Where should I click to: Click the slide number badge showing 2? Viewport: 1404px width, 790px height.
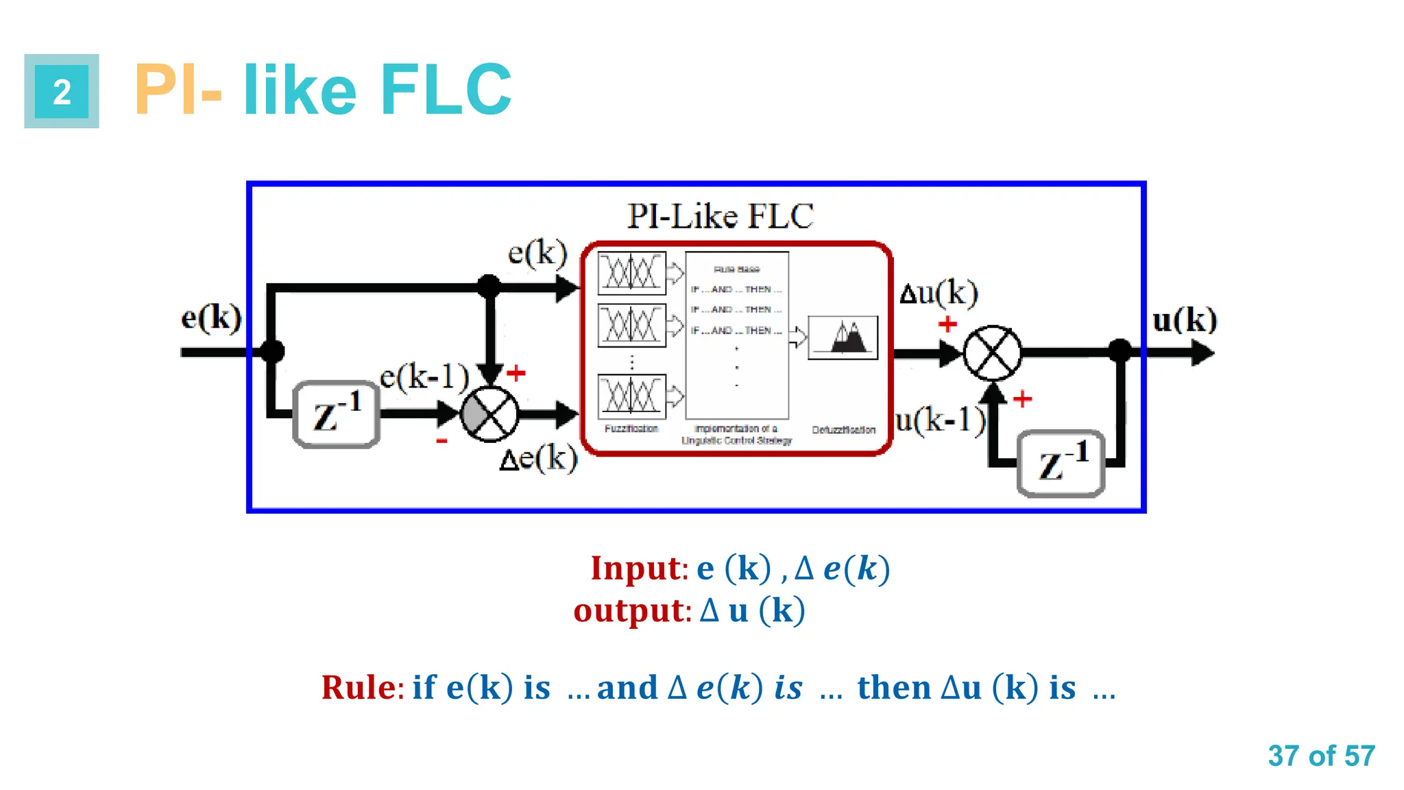[x=62, y=91]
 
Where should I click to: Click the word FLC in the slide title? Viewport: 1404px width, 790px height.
[x=446, y=91]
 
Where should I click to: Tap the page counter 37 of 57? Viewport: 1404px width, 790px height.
[x=1321, y=756]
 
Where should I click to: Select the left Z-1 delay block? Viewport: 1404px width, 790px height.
[x=337, y=414]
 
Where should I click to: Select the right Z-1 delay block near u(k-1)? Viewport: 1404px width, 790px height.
[x=1061, y=464]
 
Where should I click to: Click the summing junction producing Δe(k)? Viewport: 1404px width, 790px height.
[x=489, y=414]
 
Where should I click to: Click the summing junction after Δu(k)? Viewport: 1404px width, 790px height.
[x=992, y=353]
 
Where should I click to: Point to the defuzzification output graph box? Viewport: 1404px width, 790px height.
[x=843, y=337]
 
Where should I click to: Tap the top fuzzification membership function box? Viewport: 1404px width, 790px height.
[x=631, y=273]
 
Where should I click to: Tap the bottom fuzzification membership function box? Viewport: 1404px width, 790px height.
[x=631, y=396]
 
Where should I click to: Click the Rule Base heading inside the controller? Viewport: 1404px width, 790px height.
[x=736, y=270]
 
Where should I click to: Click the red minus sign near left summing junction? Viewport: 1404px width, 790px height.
[x=442, y=441]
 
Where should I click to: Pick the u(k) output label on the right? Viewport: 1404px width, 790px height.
[x=1185, y=320]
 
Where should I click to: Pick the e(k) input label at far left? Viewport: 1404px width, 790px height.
[x=211, y=318]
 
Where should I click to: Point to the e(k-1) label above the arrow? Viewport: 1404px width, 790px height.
[x=424, y=376]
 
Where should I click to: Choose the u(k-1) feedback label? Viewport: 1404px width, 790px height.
[x=940, y=420]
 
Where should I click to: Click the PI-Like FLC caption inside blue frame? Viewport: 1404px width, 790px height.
[x=721, y=216]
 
